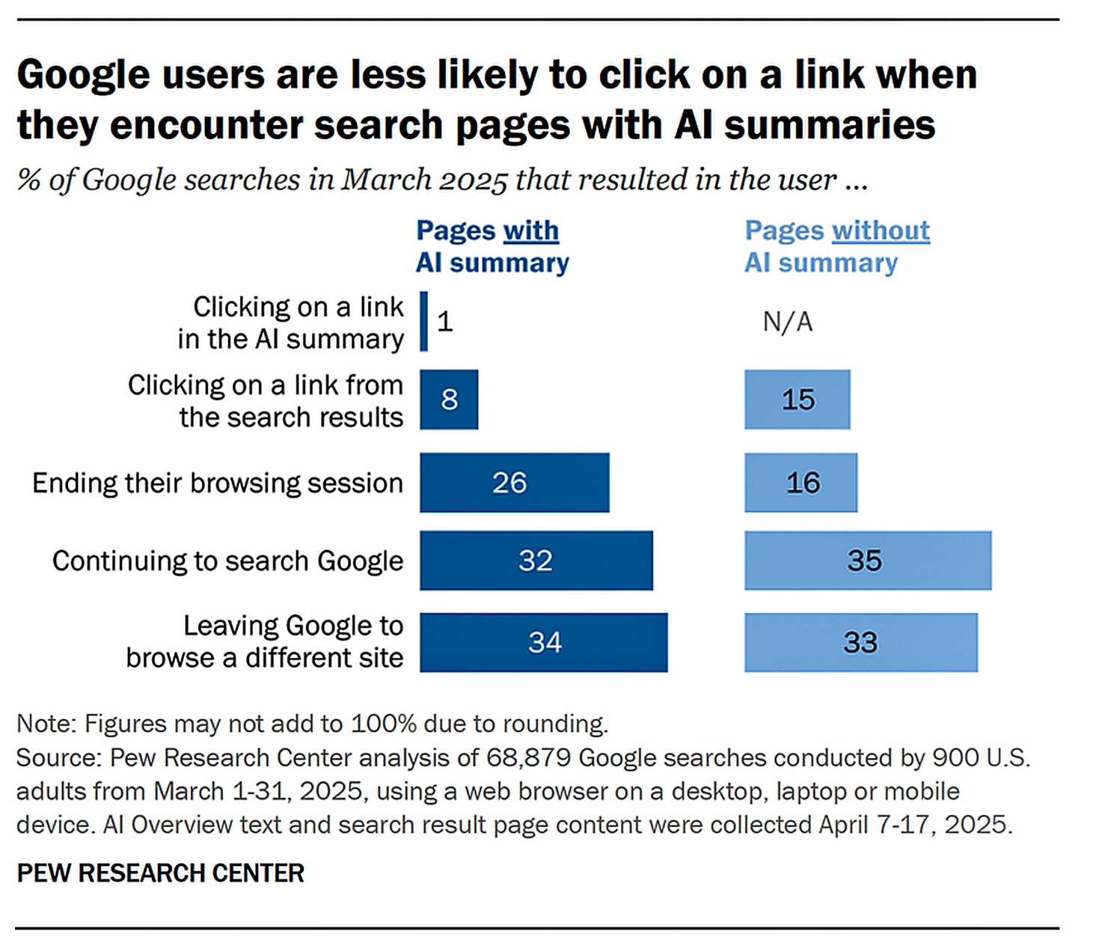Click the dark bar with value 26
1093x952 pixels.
pyautogui.click(x=514, y=483)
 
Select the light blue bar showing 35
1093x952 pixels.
pyautogui.click(x=867, y=561)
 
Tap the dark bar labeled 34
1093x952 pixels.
pyautogui.click(x=543, y=642)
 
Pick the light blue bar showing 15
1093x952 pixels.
pyautogui.click(x=797, y=400)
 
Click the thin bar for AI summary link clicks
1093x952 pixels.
pyautogui.click(x=424, y=321)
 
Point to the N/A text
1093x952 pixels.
pyautogui.click(x=787, y=322)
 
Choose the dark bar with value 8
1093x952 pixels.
pyautogui.click(x=449, y=400)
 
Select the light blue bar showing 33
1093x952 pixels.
pyautogui.click(x=860, y=642)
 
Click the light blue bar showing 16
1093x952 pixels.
pyautogui.click(x=800, y=483)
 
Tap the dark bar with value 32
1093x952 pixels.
pyautogui.click(x=536, y=561)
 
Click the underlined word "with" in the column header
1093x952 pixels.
pyautogui.click(x=530, y=231)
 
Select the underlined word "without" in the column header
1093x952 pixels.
pyautogui.click(x=881, y=231)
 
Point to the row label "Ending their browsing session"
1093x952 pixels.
pyautogui.click(x=217, y=483)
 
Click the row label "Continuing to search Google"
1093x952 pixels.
pyautogui.click(x=227, y=561)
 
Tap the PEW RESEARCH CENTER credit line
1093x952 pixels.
pyautogui.click(x=160, y=873)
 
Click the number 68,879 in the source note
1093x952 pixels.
pyautogui.click(x=528, y=757)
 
